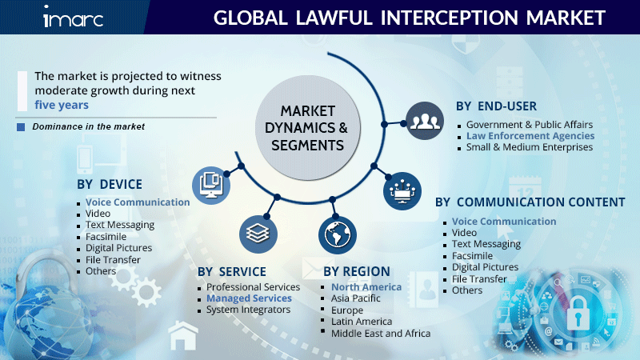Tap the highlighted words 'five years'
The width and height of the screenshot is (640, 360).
click(62, 105)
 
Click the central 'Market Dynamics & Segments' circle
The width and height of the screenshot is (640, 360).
click(308, 127)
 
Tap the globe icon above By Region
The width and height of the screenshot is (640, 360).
click(338, 234)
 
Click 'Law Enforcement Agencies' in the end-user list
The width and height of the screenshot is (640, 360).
click(519, 136)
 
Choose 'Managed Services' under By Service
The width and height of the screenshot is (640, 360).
click(249, 298)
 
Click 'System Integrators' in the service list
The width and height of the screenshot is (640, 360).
click(248, 310)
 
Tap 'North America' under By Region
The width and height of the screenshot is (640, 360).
click(366, 287)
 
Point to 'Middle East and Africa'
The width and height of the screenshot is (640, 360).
click(381, 333)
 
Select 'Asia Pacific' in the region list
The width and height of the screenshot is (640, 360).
click(356, 298)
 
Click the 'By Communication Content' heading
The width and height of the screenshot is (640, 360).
click(530, 202)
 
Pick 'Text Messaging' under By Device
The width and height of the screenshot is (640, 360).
click(120, 225)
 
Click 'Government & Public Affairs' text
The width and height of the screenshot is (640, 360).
click(529, 125)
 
